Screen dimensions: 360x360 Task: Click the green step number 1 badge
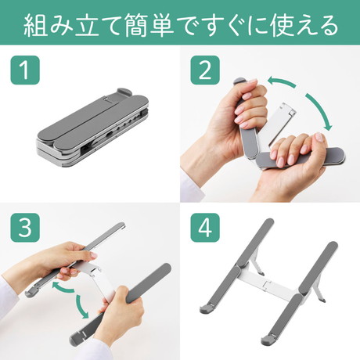(25, 70)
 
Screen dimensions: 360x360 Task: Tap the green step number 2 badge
(205, 70)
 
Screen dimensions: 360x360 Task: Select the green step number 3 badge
(25, 228)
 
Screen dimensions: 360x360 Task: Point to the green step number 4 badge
(205, 228)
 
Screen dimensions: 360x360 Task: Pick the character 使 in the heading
(283, 25)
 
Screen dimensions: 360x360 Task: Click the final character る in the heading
(326, 26)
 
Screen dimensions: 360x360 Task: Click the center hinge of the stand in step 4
(267, 285)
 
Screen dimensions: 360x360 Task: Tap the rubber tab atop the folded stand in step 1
(124, 92)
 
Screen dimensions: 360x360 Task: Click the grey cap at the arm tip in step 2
(238, 81)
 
